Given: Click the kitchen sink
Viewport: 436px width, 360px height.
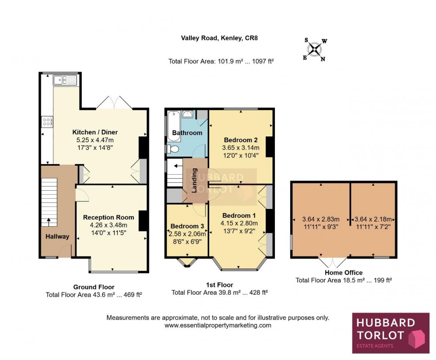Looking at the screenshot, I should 65,80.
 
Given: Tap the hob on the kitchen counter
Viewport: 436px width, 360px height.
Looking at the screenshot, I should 47,121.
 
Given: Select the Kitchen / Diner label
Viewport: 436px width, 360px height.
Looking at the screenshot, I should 95,132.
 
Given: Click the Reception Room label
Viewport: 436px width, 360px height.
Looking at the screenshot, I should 109,217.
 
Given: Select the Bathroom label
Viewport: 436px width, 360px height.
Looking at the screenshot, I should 187,133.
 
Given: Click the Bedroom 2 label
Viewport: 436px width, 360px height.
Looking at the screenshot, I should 241,138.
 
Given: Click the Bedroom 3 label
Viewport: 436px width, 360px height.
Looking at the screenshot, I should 187,225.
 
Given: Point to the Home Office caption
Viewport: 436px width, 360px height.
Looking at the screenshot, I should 343,272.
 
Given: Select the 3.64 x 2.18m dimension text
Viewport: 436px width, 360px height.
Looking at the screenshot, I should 373,219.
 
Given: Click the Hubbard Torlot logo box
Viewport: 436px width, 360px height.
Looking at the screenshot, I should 391,333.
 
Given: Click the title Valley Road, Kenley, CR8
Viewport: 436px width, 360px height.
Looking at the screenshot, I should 219,38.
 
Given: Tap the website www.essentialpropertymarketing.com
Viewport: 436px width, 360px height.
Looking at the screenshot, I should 218,325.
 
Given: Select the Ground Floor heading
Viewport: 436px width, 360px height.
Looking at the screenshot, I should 93,287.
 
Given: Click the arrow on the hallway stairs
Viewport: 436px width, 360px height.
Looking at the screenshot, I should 48,221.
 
